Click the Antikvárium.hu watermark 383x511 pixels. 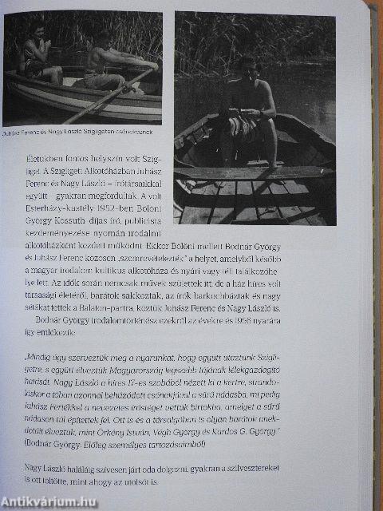pyautogui.click(x=49, y=501)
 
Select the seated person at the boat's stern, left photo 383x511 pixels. pyautogui.click(x=37, y=57)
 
